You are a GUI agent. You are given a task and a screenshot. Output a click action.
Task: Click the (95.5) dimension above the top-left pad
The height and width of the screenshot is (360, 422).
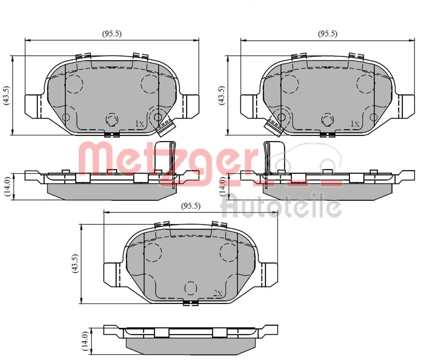pyautogui.click(x=112, y=34)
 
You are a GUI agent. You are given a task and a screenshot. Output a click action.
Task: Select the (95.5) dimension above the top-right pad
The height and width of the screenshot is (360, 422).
pyautogui.click(x=327, y=34)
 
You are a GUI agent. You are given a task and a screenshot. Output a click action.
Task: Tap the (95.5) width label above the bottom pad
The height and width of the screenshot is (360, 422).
pyautogui.click(x=191, y=206)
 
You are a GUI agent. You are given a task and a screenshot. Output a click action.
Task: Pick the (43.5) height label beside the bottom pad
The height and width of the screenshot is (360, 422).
pyautogui.click(x=74, y=263)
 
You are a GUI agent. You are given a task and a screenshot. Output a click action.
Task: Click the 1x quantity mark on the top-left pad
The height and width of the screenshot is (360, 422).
pyautogui.click(x=140, y=124)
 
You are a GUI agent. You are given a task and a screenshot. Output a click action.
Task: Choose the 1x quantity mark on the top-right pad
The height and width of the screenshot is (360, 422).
pyautogui.click(x=354, y=124)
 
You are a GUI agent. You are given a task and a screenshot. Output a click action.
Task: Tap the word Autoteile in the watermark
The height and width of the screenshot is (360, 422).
pyautogui.click(x=281, y=207)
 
